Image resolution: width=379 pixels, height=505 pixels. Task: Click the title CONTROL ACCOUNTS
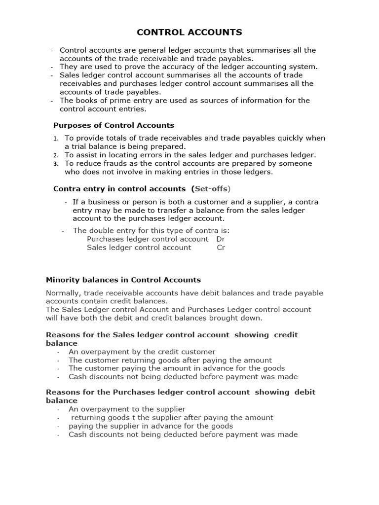(189, 33)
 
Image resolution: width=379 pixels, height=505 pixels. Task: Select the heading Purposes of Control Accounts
(114, 125)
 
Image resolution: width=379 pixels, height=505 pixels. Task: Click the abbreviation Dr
(221, 239)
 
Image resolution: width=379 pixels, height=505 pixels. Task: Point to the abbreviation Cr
(221, 248)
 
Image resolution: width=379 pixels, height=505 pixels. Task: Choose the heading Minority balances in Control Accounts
(123, 280)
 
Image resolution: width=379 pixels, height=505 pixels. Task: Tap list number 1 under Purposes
(56, 139)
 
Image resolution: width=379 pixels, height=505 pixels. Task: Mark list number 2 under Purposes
(56, 155)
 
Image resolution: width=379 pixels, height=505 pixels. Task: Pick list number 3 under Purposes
(56, 164)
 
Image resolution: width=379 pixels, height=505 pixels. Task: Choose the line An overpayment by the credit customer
(142, 352)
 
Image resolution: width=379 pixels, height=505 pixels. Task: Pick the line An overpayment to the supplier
(127, 409)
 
